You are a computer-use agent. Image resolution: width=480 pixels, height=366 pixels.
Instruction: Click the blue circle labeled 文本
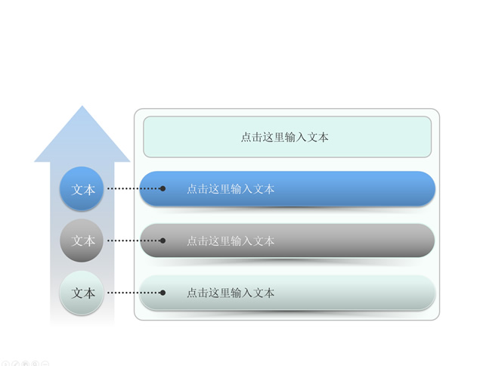click(82, 188)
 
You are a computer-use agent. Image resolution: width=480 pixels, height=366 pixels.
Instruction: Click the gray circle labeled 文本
click(82, 240)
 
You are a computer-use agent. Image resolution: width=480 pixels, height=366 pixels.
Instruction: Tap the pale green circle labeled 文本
click(82, 293)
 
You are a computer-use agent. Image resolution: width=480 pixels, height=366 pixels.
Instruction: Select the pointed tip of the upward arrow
click(82, 106)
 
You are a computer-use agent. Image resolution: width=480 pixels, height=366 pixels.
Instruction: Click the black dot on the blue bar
click(163, 188)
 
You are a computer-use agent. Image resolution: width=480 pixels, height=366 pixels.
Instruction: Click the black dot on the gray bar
click(163, 240)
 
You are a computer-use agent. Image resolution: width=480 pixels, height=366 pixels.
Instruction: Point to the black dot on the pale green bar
click(163, 293)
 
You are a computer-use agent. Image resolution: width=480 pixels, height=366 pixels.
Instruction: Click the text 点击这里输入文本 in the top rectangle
click(285, 137)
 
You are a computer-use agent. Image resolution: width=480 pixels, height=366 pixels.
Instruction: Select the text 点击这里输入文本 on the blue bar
click(231, 189)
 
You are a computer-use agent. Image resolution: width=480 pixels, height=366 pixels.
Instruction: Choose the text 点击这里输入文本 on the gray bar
click(231, 241)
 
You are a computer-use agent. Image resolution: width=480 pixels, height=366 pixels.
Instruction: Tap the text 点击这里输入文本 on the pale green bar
click(231, 293)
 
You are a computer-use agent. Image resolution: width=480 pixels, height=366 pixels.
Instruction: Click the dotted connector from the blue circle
click(135, 188)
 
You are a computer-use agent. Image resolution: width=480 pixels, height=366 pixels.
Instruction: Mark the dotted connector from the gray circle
click(135, 240)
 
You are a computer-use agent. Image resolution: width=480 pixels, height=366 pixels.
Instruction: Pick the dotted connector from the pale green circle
click(135, 293)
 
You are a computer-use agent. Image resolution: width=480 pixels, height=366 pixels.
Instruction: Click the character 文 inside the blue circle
click(77, 190)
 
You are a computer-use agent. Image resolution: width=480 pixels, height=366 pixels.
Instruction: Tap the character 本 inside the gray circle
click(89, 241)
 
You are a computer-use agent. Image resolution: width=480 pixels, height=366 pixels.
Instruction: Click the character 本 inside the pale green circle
click(89, 293)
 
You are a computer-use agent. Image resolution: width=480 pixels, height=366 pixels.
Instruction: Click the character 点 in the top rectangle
click(246, 137)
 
